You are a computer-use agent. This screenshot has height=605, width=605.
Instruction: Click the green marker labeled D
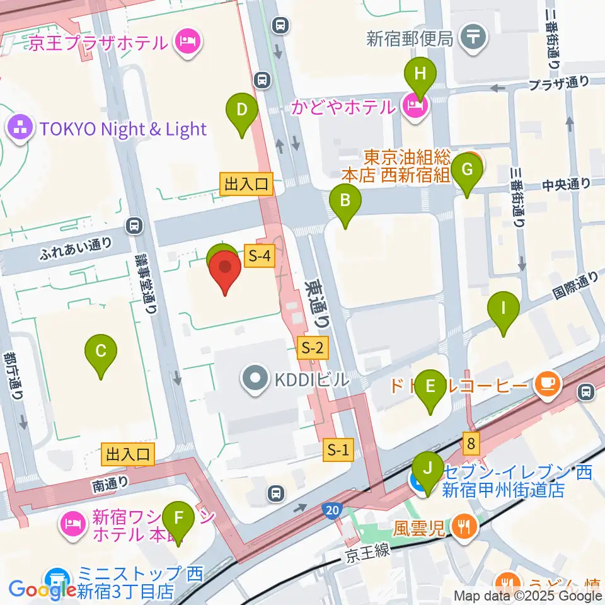pos(241,111)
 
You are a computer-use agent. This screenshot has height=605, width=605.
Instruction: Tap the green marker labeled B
pos(345,202)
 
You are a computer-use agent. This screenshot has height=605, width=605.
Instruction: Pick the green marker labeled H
pos(421,74)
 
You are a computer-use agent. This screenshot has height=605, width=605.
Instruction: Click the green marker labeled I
pos(503,309)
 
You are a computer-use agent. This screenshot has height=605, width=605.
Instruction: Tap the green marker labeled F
pos(179,519)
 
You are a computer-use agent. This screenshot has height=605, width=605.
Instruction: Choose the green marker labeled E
pos(430,386)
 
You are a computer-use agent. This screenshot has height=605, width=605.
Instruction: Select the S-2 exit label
pos(313,347)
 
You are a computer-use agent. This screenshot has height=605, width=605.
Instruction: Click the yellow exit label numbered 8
pos(472,443)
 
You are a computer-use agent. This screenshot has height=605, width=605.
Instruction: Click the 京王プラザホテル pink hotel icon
pos(188,43)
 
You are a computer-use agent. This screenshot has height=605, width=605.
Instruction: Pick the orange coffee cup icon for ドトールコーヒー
pos(546,383)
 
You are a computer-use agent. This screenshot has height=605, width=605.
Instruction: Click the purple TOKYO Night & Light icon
pos(20,129)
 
